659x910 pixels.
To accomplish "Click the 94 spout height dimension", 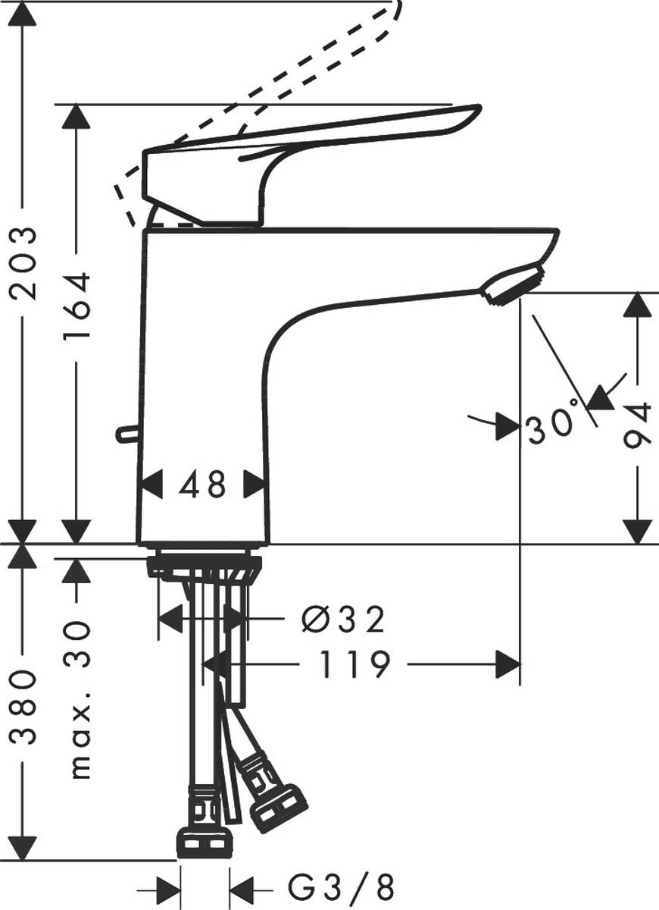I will point(638,425).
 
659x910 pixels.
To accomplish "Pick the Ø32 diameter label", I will point(343,620).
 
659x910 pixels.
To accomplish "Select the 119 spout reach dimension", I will point(353,665).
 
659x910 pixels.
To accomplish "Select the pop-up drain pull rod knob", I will point(124,434).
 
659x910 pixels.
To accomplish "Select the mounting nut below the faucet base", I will point(205,566).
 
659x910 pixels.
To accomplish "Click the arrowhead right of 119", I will point(508,665).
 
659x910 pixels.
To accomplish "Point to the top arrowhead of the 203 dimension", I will point(23,15).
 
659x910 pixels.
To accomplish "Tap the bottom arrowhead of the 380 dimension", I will point(23,846).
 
